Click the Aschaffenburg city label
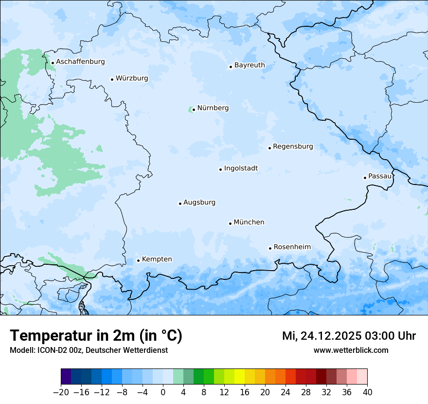pyautogui.click(x=80, y=62)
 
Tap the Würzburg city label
pyautogui.click(x=132, y=78)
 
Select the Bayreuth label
pyautogui.click(x=250, y=65)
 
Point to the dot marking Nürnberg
pyautogui.click(x=194, y=110)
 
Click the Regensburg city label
pyautogui.click(x=293, y=147)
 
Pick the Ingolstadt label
pyautogui.click(x=241, y=168)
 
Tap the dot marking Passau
pyautogui.click(x=365, y=178)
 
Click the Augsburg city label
pyautogui.click(x=199, y=202)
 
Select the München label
pyautogui.click(x=249, y=222)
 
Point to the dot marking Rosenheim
pyautogui.click(x=270, y=248)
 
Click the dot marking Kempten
pyautogui.click(x=138, y=260)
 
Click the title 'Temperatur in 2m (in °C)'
pyautogui.click(x=96, y=336)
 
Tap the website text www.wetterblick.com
pyautogui.click(x=351, y=350)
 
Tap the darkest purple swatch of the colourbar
pyautogui.click(x=66, y=377)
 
